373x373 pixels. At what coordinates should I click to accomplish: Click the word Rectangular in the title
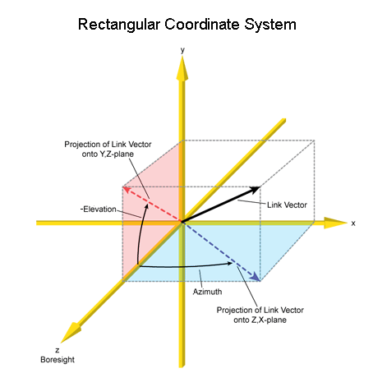(x=119, y=25)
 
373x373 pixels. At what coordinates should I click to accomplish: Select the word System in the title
(x=270, y=25)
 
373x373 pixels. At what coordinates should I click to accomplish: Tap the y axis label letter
(x=182, y=50)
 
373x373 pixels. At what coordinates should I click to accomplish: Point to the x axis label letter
(x=353, y=223)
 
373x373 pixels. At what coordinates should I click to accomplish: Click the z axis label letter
(x=58, y=350)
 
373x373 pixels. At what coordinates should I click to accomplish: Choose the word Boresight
(x=58, y=360)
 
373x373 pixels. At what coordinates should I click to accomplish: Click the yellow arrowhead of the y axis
(x=182, y=68)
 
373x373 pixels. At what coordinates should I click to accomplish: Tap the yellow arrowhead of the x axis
(x=335, y=223)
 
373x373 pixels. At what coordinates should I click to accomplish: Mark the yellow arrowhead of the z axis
(x=71, y=333)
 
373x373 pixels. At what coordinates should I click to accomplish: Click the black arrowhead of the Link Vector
(x=255, y=190)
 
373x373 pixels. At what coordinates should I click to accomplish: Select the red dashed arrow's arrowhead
(x=127, y=190)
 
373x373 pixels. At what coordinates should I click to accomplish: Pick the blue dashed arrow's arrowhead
(x=256, y=277)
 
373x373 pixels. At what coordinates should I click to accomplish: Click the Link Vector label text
(x=287, y=205)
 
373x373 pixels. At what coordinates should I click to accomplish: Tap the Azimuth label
(x=207, y=292)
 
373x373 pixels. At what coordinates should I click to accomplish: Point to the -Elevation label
(x=99, y=210)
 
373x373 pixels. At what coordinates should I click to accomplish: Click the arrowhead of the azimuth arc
(x=229, y=264)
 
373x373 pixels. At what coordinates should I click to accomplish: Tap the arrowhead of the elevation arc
(x=146, y=206)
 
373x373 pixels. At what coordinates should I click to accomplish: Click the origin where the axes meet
(x=182, y=223)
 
